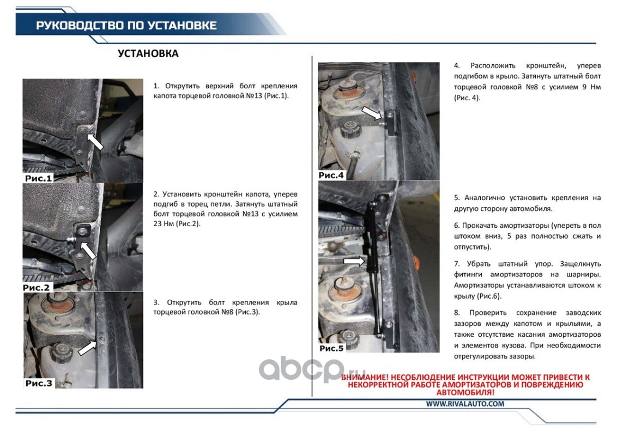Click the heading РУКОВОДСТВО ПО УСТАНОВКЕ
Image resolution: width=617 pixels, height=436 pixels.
click(126, 26)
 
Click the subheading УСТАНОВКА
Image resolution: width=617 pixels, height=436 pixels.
click(148, 53)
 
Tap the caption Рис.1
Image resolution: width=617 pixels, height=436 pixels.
click(38, 178)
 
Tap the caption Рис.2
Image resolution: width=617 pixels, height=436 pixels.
click(36, 288)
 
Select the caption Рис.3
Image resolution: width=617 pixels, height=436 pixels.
click(39, 383)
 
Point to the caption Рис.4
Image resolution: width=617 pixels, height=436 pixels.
click(331, 175)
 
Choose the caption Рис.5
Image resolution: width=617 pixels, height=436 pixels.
click(331, 348)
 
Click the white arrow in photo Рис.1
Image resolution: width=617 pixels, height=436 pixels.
click(95, 142)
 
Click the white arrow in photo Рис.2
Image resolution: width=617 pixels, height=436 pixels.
click(88, 250)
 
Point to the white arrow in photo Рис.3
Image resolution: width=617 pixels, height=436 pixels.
click(87, 348)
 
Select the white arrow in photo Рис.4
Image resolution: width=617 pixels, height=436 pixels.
click(372, 112)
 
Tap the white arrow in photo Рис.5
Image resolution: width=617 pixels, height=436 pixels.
click(354, 261)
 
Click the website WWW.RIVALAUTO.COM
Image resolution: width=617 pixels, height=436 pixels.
click(465, 404)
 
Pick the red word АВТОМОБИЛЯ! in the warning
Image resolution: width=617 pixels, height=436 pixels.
click(465, 392)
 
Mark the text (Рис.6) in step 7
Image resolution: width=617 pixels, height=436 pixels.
click(489, 296)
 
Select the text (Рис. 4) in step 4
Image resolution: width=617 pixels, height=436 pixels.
click(467, 98)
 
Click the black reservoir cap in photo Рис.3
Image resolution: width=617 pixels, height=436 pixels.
click(61, 352)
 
